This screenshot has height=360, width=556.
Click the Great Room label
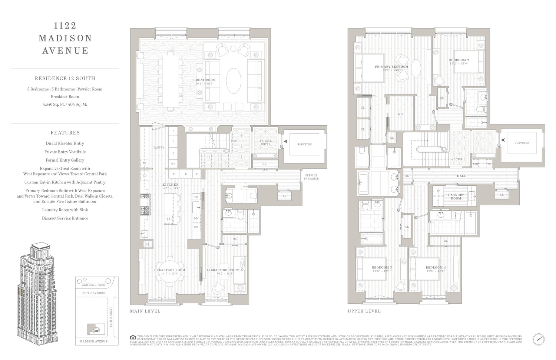(204, 80)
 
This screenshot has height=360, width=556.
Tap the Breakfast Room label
(170, 270)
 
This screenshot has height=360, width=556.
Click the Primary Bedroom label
(391, 67)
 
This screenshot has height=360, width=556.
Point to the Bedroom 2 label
(459, 60)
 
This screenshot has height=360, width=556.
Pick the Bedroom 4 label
(436, 267)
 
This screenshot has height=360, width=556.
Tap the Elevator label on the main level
(304, 144)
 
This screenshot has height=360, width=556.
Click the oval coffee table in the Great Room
(234, 80)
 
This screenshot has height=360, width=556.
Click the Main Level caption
(145, 311)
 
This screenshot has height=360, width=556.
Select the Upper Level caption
(364, 311)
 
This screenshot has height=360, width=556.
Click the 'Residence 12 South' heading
(65, 78)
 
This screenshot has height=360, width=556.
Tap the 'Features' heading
(65, 133)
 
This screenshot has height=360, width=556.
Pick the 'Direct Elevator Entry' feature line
(65, 143)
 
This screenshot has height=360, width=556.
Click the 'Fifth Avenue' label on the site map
(93, 293)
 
